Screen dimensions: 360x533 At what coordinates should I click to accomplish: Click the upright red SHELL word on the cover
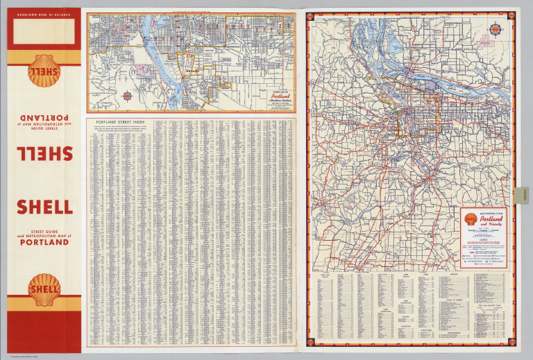(x=44, y=206)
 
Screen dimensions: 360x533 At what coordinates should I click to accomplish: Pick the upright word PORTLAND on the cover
(x=44, y=242)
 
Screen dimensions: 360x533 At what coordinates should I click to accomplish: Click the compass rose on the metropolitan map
(x=496, y=30)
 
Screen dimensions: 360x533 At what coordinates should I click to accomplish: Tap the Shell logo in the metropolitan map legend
(x=471, y=219)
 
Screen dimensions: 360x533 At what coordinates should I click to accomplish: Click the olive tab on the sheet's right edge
(x=523, y=196)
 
